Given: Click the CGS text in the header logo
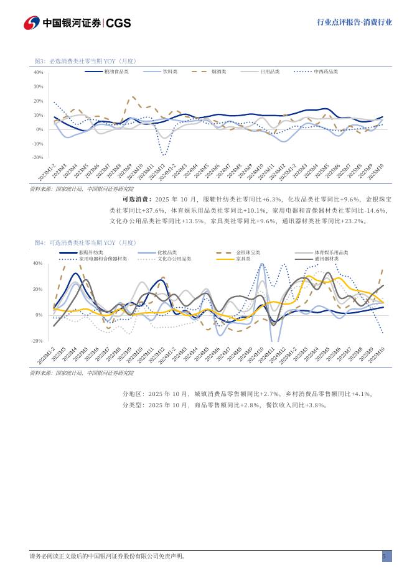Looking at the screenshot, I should (x=118, y=23).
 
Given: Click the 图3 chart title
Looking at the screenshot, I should (x=85, y=61).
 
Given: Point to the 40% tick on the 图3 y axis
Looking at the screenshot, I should (x=38, y=73).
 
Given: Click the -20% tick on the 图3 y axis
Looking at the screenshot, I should (x=37, y=158).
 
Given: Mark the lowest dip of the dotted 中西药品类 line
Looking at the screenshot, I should (x=164, y=155).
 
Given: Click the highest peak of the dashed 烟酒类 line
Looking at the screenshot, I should (x=133, y=97).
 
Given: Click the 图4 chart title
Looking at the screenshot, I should (x=85, y=242).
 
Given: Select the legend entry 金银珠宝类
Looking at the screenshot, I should (x=248, y=252).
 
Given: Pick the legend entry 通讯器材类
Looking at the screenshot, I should (x=326, y=259).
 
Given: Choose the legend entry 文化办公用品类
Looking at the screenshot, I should (x=174, y=259).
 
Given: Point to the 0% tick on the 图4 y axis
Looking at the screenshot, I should (x=39, y=315).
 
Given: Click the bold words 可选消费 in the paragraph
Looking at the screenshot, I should (x=137, y=200).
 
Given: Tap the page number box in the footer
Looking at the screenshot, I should (x=386, y=557).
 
